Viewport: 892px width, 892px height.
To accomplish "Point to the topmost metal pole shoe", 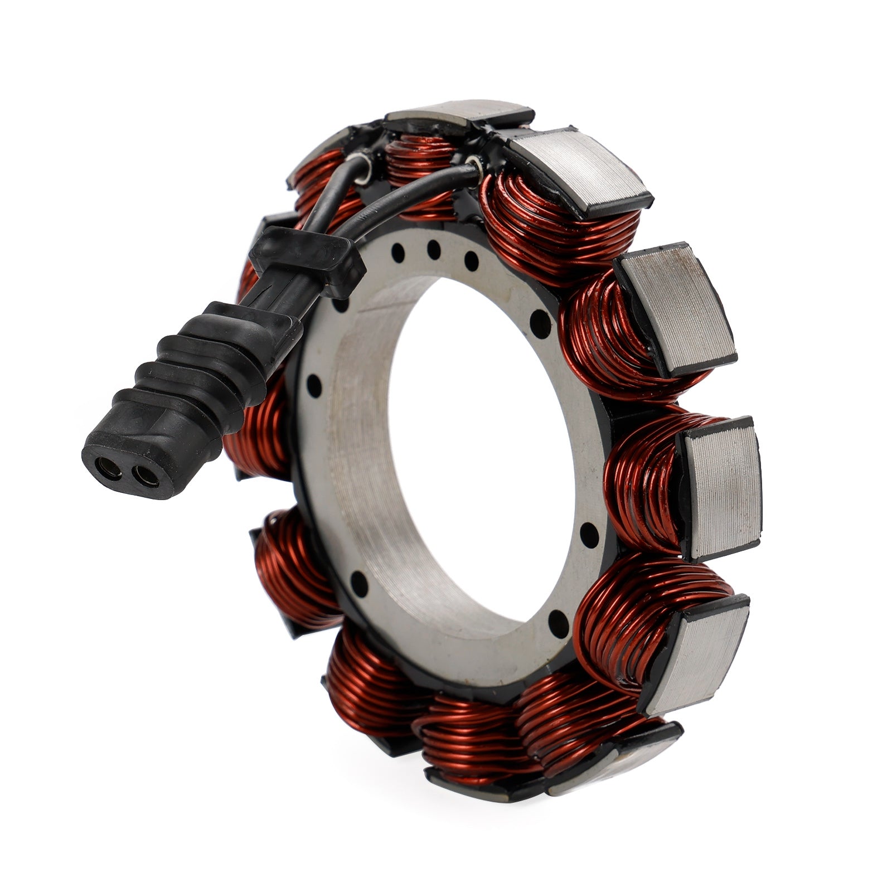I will point(460,111).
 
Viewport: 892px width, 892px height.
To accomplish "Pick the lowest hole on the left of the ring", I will point(359,583).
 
